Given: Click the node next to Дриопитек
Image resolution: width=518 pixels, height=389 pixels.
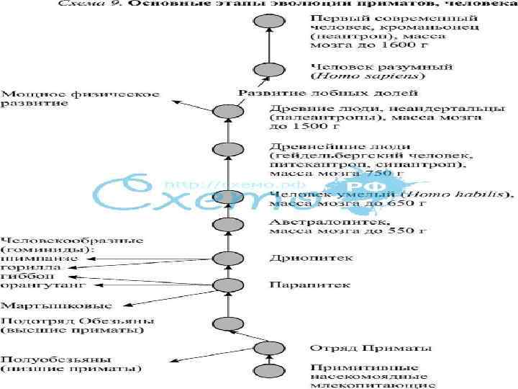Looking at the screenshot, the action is pyautogui.click(x=228, y=258).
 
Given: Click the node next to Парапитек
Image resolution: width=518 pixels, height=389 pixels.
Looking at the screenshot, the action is pyautogui.click(x=228, y=285).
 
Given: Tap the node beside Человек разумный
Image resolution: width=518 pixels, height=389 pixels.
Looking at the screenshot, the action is pyautogui.click(x=267, y=70).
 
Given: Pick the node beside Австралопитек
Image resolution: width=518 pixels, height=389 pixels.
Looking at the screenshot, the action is pyautogui.click(x=227, y=225).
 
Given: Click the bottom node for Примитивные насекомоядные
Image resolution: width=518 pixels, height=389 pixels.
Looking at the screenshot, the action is pyautogui.click(x=267, y=372).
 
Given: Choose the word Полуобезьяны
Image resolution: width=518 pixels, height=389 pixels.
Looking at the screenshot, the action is pyautogui.click(x=35, y=359).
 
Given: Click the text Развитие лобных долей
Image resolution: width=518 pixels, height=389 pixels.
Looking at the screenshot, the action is pyautogui.click(x=328, y=93).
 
